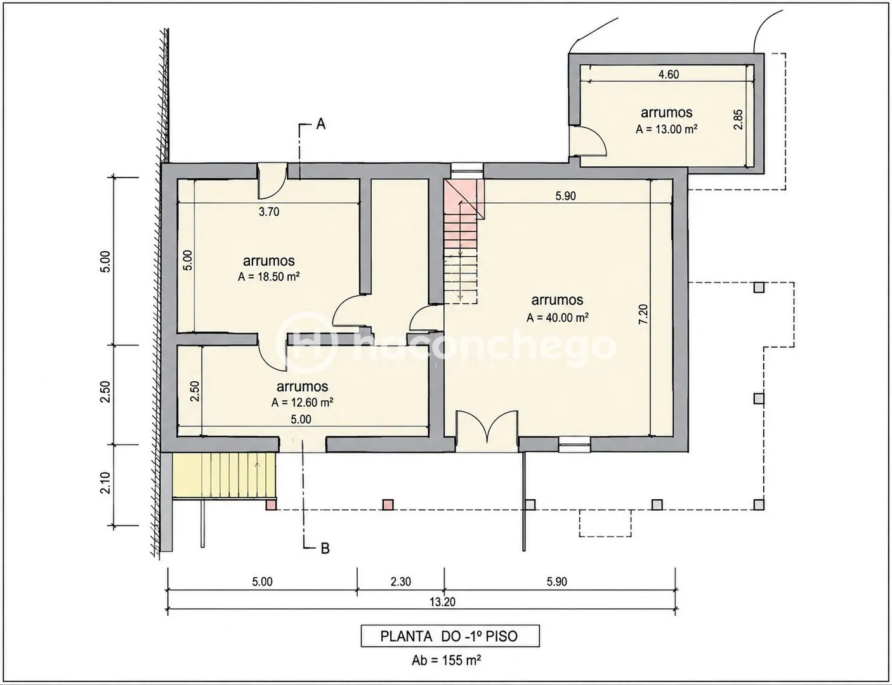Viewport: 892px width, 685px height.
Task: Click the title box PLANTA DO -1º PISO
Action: pyautogui.click(x=450, y=636)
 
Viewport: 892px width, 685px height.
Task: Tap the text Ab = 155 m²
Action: pyautogui.click(x=446, y=660)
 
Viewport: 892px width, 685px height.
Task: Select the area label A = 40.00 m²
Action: pyautogui.click(x=558, y=318)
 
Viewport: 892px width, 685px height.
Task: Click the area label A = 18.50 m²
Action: pyautogui.click(x=268, y=277)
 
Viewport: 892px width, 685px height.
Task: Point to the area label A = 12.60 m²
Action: pyautogui.click(x=302, y=402)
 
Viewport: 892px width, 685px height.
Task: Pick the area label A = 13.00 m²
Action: pyautogui.click(x=667, y=129)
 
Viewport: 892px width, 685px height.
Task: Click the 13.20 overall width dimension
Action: pyautogui.click(x=443, y=602)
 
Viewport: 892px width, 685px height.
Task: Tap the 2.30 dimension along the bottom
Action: pyautogui.click(x=401, y=582)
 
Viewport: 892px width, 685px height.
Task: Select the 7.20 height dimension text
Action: pyautogui.click(x=643, y=314)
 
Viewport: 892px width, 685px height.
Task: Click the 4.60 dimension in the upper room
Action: pyautogui.click(x=669, y=74)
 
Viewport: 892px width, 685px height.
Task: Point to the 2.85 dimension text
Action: pyautogui.click(x=738, y=119)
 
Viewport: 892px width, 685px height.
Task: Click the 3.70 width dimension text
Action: pyautogui.click(x=269, y=212)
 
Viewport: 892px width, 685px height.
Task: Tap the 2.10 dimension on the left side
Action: pyautogui.click(x=105, y=483)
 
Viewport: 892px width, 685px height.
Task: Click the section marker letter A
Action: pyautogui.click(x=320, y=124)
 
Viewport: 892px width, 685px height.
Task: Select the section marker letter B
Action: pyautogui.click(x=325, y=549)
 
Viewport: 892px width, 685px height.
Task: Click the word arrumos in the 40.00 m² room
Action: pyautogui.click(x=557, y=300)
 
